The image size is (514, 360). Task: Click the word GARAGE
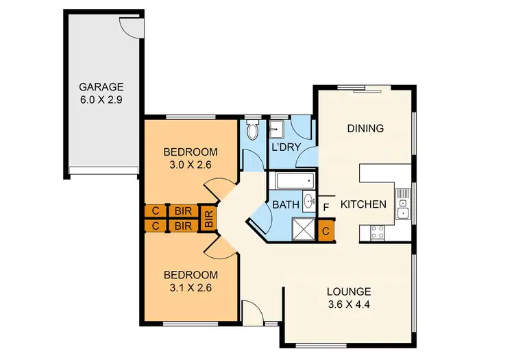click(x=101, y=87)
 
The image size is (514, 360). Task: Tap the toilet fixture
click(x=252, y=130)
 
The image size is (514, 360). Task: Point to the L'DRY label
click(x=287, y=147)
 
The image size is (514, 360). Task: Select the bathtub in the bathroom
click(x=294, y=182)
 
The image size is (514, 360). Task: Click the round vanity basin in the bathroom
click(x=308, y=202)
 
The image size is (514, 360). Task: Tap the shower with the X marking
click(x=302, y=228)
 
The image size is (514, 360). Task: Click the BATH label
click(x=284, y=204)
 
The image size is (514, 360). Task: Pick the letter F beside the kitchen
click(x=326, y=205)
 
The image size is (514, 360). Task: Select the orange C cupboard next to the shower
click(x=326, y=231)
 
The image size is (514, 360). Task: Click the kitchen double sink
click(x=403, y=209)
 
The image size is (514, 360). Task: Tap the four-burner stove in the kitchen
click(x=378, y=232)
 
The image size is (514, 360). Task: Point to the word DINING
click(x=365, y=128)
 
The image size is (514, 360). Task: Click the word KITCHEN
click(x=364, y=204)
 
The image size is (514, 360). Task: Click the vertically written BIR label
click(x=209, y=218)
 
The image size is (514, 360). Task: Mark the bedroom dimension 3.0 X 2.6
click(x=190, y=164)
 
